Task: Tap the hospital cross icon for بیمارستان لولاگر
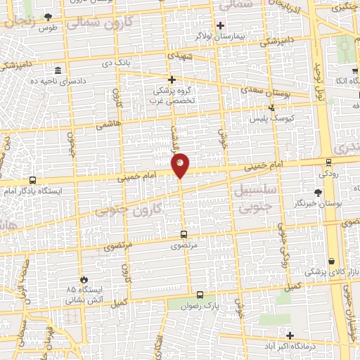220,25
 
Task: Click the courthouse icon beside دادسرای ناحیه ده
57,71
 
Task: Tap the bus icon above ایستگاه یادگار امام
33,180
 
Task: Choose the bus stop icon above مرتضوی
184,234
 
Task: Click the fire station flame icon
84,279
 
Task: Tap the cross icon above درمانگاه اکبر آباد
290,335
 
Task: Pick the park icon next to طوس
48,17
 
